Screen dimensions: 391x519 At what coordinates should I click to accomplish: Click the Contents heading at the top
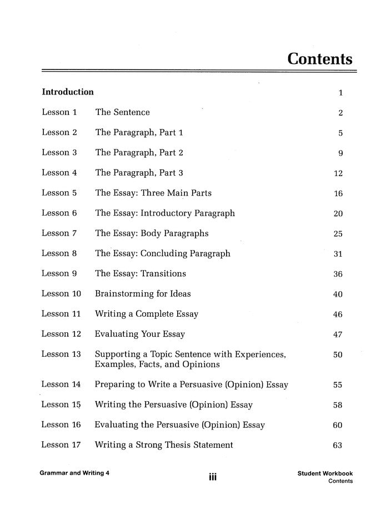click(x=320, y=59)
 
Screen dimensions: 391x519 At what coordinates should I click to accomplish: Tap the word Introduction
click(x=68, y=92)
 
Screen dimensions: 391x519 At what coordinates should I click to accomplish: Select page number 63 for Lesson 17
click(x=338, y=445)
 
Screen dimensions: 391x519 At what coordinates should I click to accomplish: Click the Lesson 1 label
click(x=59, y=112)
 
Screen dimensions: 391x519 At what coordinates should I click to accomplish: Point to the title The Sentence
click(x=123, y=112)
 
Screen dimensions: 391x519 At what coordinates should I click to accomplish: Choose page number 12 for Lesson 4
click(x=338, y=173)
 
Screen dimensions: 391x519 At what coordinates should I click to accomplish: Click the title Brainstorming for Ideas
click(x=143, y=294)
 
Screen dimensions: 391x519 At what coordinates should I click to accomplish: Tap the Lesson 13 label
click(x=62, y=354)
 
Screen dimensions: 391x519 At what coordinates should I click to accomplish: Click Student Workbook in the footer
click(x=325, y=473)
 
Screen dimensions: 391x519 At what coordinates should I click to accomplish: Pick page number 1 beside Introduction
click(x=340, y=93)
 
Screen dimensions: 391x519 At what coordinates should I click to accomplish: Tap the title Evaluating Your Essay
click(x=140, y=335)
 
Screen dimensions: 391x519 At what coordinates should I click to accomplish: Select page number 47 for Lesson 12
click(x=338, y=335)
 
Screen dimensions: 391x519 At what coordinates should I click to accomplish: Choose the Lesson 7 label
click(x=59, y=233)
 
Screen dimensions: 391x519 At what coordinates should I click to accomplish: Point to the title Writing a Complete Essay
click(x=147, y=314)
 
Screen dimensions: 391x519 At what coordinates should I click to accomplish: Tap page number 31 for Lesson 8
click(x=338, y=254)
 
